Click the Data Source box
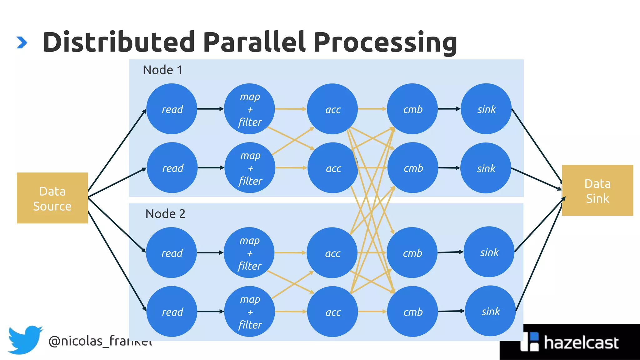coord(52,198)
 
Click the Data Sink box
coord(597,190)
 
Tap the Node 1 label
coord(162,70)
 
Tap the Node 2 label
coord(165,214)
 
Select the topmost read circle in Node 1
coord(172,109)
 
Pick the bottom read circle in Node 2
coord(172,311)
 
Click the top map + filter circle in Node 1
coord(249,109)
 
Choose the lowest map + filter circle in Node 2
coord(249,311)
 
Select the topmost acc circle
coord(332,109)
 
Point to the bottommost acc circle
coord(332,311)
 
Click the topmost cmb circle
coord(412,109)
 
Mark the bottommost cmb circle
coord(412,311)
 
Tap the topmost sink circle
coord(486,109)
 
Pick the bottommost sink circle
coord(490,311)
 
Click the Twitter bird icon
coord(25,340)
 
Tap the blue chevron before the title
coord(22,42)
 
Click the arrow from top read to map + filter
coord(210,109)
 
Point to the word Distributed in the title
coord(119,42)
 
